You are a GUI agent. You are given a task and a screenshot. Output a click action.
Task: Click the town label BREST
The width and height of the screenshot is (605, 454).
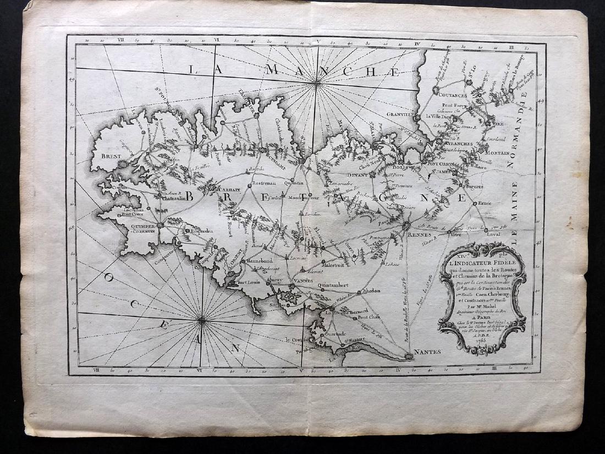coord(111,156)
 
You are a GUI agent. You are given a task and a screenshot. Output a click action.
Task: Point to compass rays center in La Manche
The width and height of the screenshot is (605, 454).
coord(317,83)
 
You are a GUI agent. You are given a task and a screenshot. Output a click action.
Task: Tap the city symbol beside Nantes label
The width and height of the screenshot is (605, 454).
coord(408,356)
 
